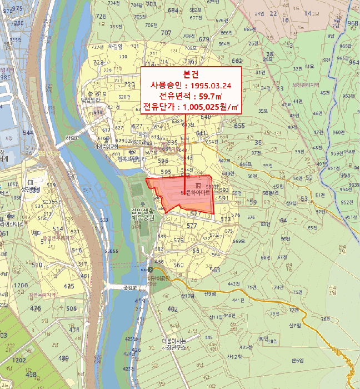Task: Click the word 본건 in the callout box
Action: coord(191,74)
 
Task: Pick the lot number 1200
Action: coord(21,286)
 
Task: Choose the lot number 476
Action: coord(36,308)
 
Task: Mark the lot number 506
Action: coord(71,308)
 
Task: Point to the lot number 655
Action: coord(239,126)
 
